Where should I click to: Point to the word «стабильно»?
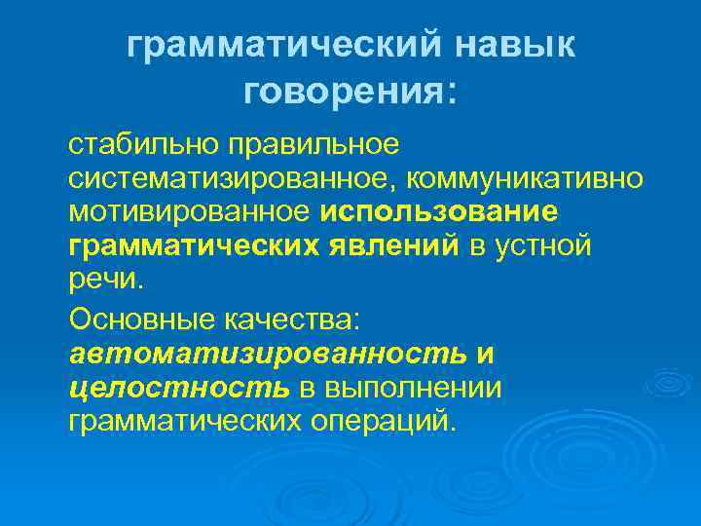(143, 145)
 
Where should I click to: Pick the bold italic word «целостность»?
(179, 388)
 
